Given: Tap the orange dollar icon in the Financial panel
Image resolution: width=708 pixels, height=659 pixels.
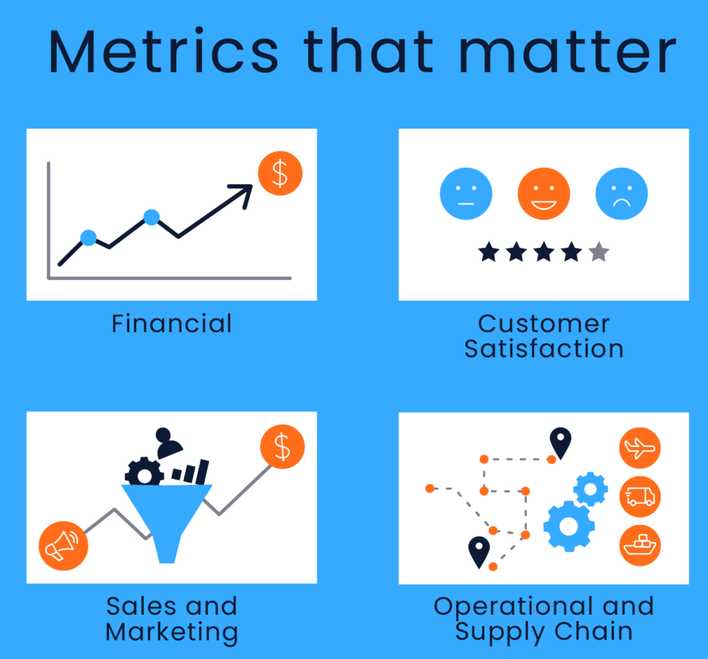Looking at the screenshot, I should point(280,173).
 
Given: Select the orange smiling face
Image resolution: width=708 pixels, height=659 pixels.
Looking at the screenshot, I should point(543,193).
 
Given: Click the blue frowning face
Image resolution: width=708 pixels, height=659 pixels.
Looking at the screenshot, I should point(622,193).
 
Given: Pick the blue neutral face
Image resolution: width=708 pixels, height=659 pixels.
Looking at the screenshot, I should point(466,193).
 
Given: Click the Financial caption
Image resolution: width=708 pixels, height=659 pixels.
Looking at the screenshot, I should point(171,323).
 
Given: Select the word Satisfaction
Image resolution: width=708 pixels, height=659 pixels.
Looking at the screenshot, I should point(543,348).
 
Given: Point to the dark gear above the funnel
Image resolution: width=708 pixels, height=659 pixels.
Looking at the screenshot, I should point(144,472).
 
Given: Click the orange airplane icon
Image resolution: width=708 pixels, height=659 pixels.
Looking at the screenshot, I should point(640,448).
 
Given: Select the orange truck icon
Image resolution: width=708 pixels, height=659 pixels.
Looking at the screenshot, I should point(640,496).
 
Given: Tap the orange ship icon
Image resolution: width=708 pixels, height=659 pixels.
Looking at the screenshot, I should point(640,545).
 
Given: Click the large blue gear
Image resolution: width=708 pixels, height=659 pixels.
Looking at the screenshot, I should point(568,526).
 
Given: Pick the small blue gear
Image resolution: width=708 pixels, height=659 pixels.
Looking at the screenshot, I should point(590,489).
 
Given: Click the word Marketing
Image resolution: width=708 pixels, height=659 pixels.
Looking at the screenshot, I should point(171,631).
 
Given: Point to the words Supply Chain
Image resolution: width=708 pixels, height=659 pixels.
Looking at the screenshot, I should point(543,631).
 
